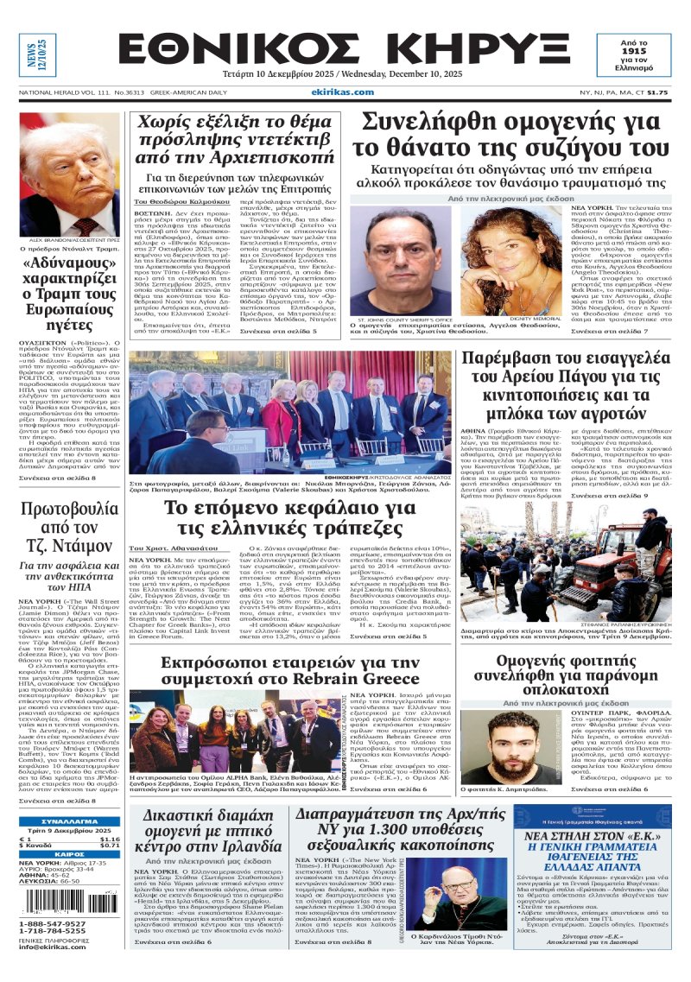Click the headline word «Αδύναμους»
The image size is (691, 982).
(71, 263)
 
